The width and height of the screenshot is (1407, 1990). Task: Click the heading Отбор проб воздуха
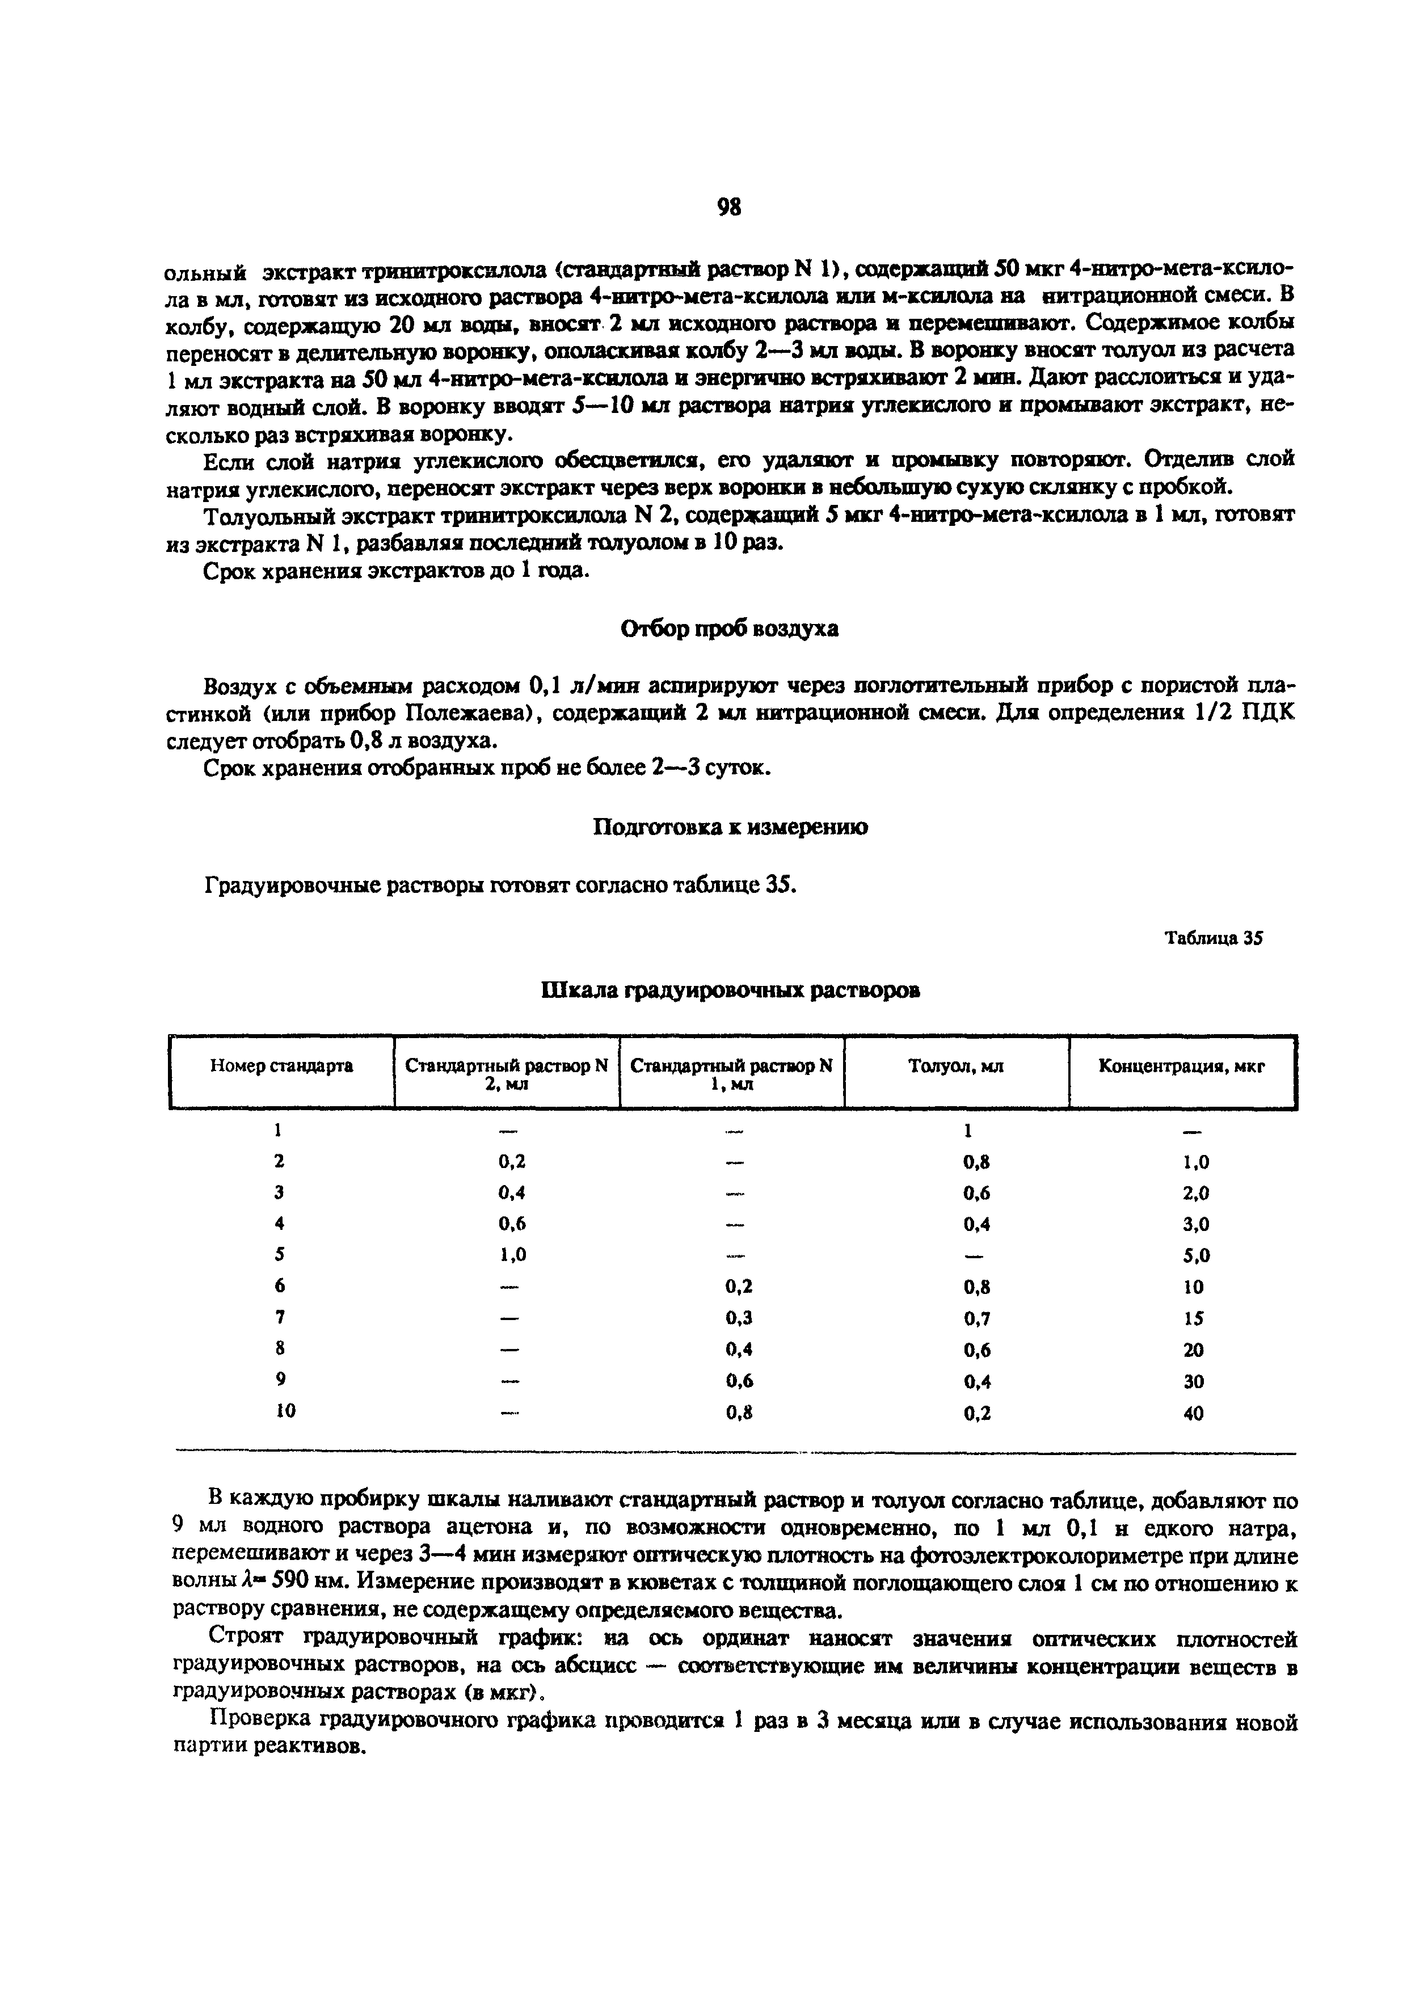coord(730,629)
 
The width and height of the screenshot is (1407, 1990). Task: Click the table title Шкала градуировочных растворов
coord(730,990)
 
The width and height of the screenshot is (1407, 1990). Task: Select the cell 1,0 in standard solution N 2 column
coord(512,1255)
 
